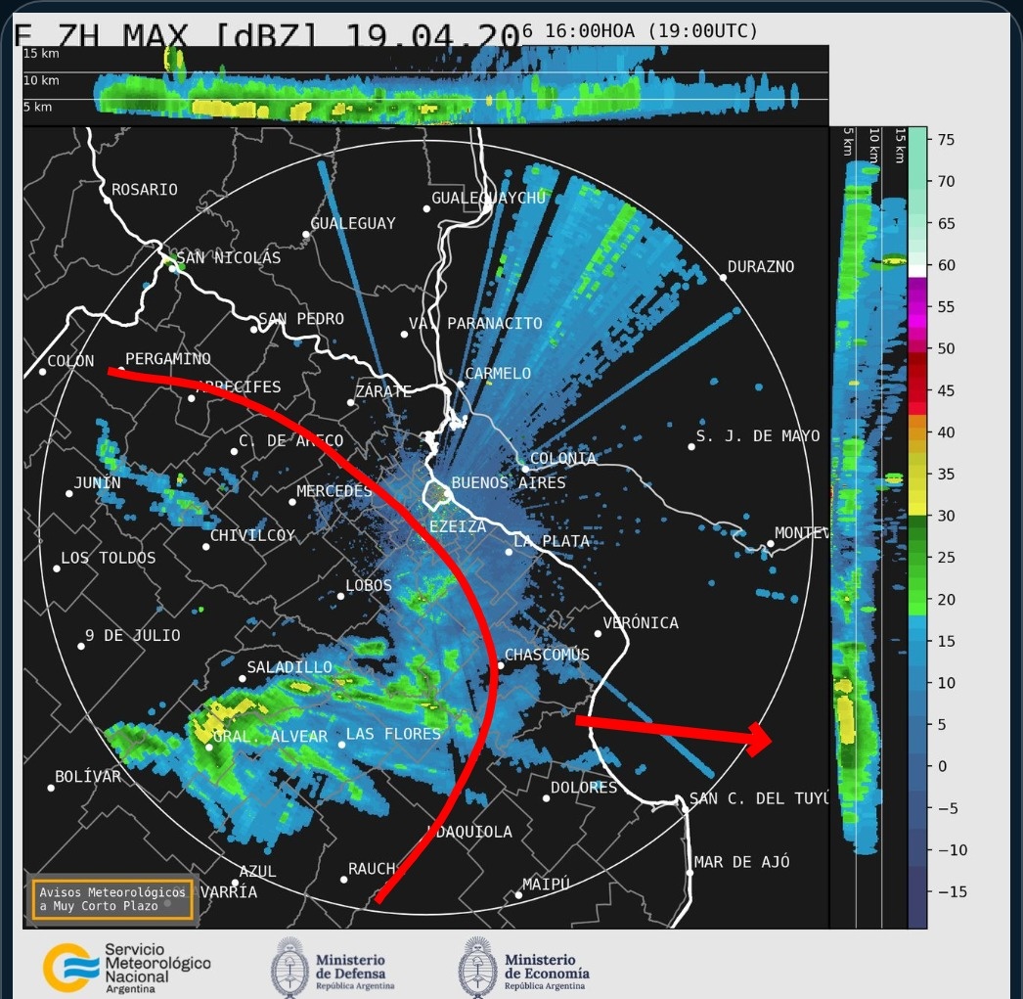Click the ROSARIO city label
coord(145,190)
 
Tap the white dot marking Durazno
coord(723,278)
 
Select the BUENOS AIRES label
coord(509,483)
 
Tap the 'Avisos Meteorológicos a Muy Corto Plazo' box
coord(111,899)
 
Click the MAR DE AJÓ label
coord(741,862)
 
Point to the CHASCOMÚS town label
coord(547,655)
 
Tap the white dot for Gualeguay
coord(306,234)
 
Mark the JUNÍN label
coord(98,483)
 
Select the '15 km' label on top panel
coord(41,53)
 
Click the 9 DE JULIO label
coord(133,636)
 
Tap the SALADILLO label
coord(289,667)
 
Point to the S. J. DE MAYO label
coord(758,436)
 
